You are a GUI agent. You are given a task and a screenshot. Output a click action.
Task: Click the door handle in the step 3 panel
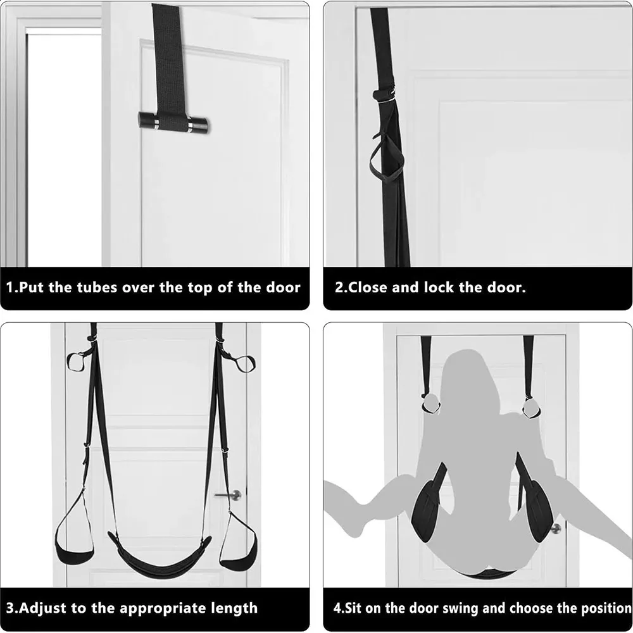pyautogui.click(x=229, y=494)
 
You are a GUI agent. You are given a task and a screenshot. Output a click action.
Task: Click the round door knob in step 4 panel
pyautogui.click(x=556, y=528)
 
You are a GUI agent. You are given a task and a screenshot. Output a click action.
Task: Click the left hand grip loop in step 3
pyautogui.click(x=77, y=362)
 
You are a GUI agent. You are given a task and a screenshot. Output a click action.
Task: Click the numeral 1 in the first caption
pyautogui.click(x=10, y=287)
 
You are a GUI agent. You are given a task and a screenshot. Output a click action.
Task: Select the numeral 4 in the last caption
pyautogui.click(x=337, y=608)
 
